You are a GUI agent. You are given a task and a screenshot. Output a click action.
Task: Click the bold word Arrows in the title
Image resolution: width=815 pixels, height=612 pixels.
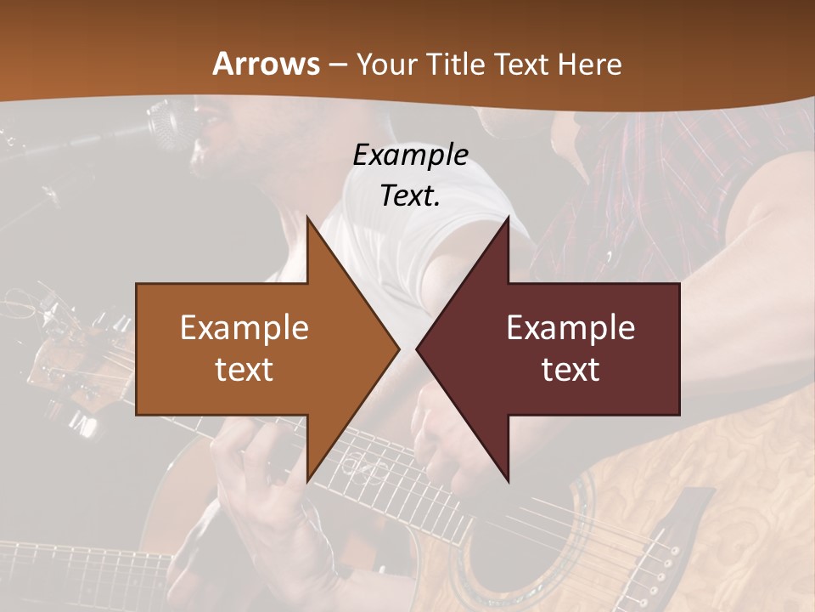point(267,64)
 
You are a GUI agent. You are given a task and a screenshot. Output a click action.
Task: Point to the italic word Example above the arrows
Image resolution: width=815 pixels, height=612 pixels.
point(410,155)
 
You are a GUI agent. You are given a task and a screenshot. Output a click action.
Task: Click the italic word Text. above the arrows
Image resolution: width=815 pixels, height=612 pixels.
point(410,195)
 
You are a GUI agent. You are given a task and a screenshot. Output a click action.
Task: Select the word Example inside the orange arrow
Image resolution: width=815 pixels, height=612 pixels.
point(244,327)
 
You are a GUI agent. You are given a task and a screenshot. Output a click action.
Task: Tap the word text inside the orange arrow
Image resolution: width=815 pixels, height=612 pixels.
point(244,369)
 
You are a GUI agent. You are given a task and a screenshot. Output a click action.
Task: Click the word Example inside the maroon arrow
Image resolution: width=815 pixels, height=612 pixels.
point(570,327)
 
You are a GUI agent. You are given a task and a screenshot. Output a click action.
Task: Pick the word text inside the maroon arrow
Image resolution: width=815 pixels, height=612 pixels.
point(570,369)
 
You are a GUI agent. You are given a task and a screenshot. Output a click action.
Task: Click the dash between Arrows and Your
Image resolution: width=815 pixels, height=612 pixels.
point(336,65)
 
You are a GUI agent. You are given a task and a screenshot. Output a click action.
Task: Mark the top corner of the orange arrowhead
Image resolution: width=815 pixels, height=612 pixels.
point(306,218)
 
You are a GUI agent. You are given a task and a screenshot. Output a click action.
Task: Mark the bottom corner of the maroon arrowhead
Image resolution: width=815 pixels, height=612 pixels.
point(509,481)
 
